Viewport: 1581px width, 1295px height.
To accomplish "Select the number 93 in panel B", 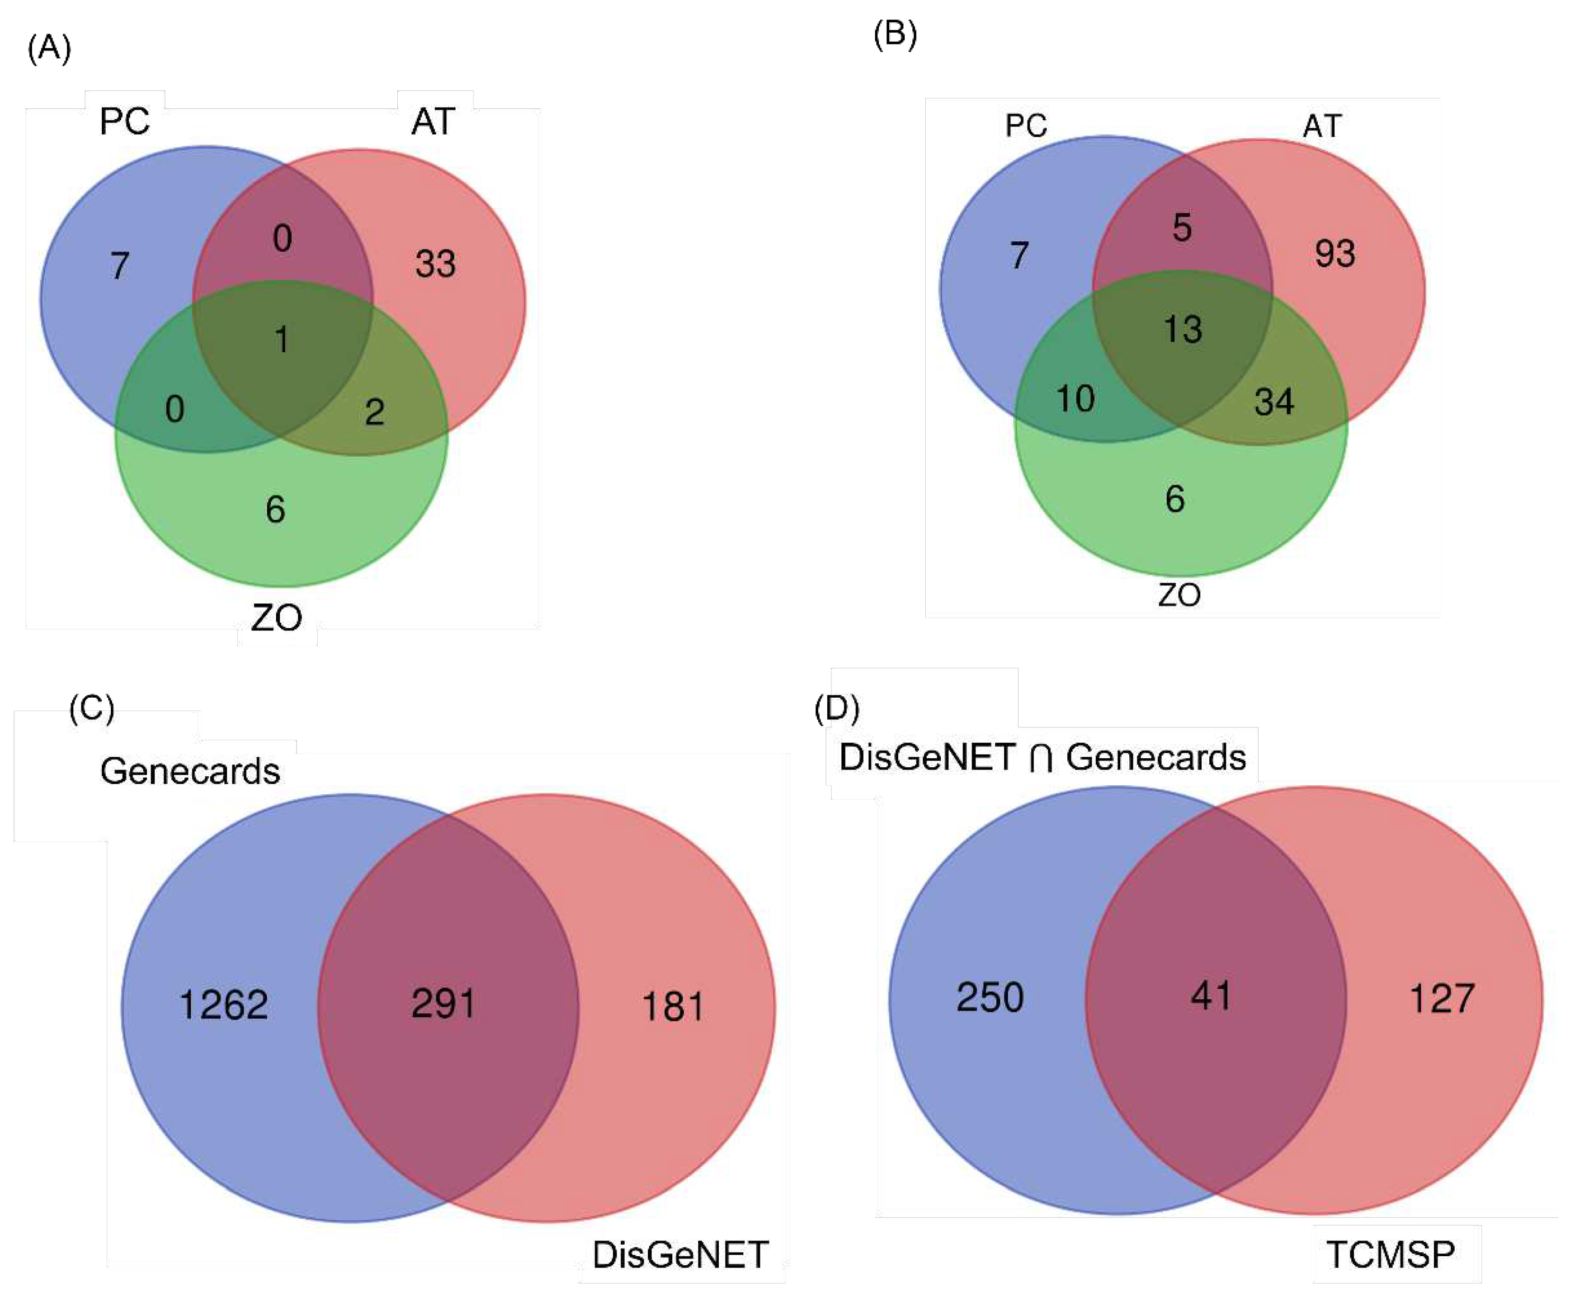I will tap(1335, 254).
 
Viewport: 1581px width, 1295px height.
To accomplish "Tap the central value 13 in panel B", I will tap(1183, 329).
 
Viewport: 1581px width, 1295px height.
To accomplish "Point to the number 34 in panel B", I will tap(1274, 402).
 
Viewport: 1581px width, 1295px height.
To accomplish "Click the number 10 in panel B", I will tap(1075, 399).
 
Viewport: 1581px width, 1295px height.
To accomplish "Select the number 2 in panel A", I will tap(375, 412).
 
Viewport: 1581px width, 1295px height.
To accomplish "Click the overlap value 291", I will tap(443, 1003).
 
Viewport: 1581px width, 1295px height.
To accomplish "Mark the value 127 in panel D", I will tap(1441, 998).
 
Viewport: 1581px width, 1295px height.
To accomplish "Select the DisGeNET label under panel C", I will tap(680, 1255).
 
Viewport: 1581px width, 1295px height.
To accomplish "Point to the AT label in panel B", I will tap(1322, 125).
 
